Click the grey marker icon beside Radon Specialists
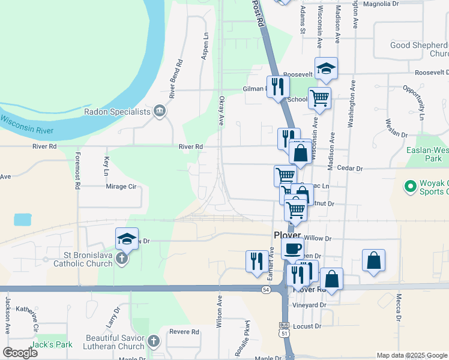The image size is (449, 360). click(x=160, y=110)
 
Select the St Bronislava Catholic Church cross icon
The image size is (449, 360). click(x=121, y=259)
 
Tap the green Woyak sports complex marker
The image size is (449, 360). click(x=411, y=187)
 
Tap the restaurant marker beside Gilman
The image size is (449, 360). click(x=278, y=86)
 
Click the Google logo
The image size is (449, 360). click(x=19, y=352)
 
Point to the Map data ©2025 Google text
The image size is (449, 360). click(x=412, y=355)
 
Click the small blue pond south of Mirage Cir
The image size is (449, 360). click(x=22, y=219)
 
